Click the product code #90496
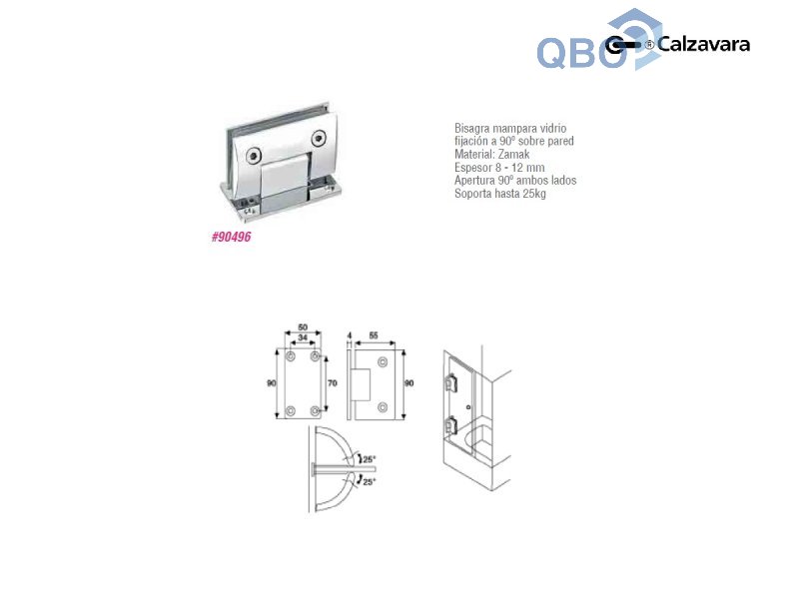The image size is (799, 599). (x=231, y=238)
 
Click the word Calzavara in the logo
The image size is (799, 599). (x=703, y=44)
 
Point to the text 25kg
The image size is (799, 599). (x=532, y=194)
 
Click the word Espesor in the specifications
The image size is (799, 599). (x=476, y=168)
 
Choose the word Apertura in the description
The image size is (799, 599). (x=478, y=181)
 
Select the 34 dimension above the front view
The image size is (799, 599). (x=302, y=338)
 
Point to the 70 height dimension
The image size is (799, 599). (x=334, y=381)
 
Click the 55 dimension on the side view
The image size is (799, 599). (x=374, y=338)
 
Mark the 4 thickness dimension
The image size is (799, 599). (x=349, y=338)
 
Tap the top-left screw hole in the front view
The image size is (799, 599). (x=290, y=356)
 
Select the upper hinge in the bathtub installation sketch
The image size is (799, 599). (x=450, y=381)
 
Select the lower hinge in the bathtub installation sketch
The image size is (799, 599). (x=450, y=424)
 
